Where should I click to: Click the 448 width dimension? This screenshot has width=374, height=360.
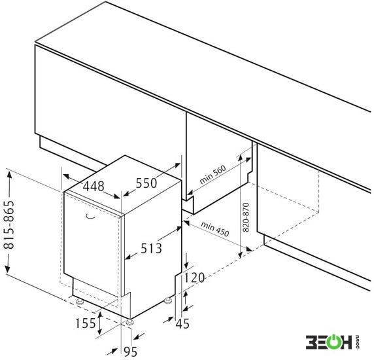click(x=93, y=187)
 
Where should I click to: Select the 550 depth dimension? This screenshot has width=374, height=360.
click(x=146, y=183)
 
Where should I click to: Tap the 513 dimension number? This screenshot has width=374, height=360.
click(x=151, y=248)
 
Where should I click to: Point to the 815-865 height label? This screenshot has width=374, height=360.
click(x=9, y=225)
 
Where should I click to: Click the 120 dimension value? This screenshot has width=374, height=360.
click(x=195, y=278)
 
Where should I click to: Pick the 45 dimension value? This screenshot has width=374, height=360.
click(x=182, y=324)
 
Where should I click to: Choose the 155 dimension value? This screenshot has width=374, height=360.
click(x=86, y=323)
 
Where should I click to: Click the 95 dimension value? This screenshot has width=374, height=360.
click(x=130, y=351)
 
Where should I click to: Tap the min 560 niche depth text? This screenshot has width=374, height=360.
click(x=212, y=175)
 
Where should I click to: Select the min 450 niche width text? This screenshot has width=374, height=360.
click(x=215, y=229)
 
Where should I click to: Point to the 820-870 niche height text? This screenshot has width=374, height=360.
click(x=246, y=217)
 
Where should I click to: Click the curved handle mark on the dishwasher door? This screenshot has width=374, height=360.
click(x=90, y=217)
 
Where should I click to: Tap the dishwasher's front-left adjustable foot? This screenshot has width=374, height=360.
click(x=79, y=301)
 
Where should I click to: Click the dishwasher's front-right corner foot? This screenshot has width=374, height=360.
click(x=130, y=322)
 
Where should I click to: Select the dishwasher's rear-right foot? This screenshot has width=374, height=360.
click(x=168, y=300)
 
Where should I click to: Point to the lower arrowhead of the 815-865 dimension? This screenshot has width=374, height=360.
click(x=8, y=268)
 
